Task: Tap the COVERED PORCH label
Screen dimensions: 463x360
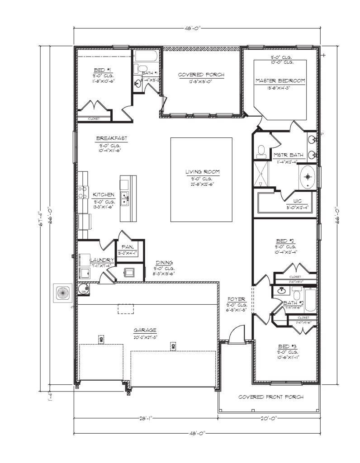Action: click(201, 75)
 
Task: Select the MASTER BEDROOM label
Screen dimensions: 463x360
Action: click(280, 80)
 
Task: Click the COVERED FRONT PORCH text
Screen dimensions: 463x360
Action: click(271, 397)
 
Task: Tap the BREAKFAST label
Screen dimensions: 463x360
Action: click(111, 138)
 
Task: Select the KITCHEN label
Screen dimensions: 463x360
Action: click(104, 194)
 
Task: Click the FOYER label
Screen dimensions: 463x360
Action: click(236, 299)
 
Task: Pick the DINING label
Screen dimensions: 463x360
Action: click(164, 263)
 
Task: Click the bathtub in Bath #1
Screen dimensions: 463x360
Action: click(146, 57)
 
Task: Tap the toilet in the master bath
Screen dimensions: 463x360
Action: click(261, 151)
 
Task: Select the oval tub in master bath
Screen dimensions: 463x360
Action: click(308, 176)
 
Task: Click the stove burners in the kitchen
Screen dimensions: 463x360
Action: click(83, 193)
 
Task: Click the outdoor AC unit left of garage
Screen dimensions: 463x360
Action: click(62, 293)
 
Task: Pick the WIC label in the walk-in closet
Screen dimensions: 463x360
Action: click(297, 200)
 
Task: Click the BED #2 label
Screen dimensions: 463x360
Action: click(285, 241)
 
